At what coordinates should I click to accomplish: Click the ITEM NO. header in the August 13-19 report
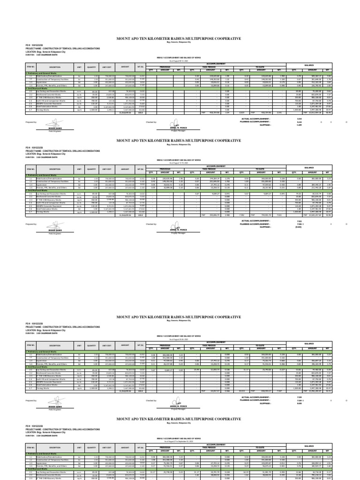tap(31, 169)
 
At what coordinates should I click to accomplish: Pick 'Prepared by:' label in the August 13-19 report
tap(32, 224)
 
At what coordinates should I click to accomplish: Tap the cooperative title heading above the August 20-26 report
tap(182, 317)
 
